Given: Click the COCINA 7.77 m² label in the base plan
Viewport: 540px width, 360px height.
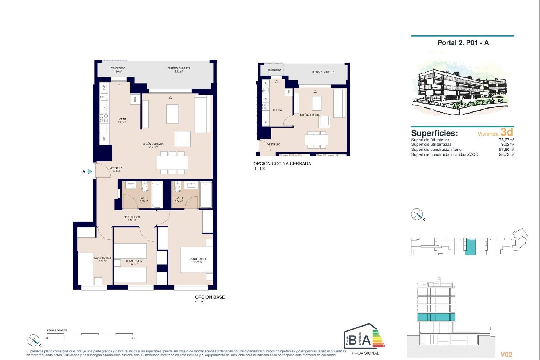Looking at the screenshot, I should [x=122, y=121].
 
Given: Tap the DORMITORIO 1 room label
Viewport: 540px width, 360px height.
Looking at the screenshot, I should [x=198, y=260].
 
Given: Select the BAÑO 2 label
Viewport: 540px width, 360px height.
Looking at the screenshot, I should [x=144, y=199].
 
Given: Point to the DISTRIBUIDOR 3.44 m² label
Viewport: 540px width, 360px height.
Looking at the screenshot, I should [x=132, y=219].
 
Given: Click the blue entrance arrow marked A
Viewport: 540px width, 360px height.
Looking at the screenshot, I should [x=89, y=171].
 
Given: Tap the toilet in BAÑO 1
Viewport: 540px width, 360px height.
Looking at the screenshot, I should [x=177, y=187].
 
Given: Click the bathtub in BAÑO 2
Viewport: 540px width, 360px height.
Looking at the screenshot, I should [x=157, y=195].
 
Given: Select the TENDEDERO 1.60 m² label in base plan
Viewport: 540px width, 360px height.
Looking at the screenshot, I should [x=118, y=70].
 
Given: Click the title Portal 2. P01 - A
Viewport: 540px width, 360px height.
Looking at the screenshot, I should [x=463, y=43].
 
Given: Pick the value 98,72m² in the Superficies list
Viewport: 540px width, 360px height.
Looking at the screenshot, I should [x=506, y=154].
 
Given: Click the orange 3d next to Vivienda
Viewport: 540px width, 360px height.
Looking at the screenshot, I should [x=507, y=132].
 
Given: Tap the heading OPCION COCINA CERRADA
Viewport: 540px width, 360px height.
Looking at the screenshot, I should [x=282, y=163].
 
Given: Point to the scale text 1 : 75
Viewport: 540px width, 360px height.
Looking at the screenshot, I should [x=200, y=302].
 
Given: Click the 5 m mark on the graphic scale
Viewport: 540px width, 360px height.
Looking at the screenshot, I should [x=133, y=338].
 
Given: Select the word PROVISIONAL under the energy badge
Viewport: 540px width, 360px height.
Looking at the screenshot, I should [x=365, y=353].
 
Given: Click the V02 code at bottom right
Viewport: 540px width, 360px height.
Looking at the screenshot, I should [x=506, y=354].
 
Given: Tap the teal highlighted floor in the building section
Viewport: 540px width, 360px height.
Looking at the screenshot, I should [x=436, y=317].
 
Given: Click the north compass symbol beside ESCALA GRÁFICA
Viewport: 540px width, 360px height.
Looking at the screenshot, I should [x=34, y=340].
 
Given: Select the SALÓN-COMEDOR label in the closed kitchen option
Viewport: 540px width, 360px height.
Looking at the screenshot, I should [x=310, y=115].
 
